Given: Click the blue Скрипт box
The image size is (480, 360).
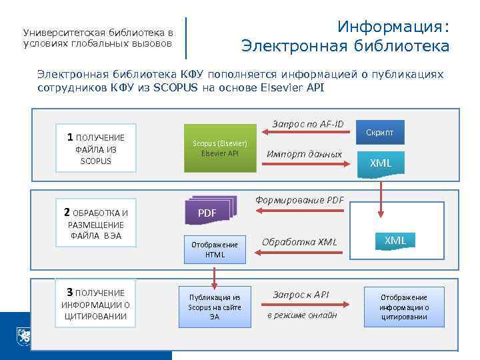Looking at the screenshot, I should [x=380, y=133].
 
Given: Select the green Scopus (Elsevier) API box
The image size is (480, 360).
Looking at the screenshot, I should [x=219, y=149].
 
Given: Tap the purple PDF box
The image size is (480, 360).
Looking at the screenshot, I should [x=208, y=213].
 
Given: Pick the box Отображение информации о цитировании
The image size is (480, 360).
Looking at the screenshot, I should [x=403, y=307].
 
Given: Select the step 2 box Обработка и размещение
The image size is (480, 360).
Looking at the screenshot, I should [x=95, y=225].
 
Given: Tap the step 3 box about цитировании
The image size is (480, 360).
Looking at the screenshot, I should [x=95, y=304].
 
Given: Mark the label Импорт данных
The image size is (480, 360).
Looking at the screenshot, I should [x=303, y=155].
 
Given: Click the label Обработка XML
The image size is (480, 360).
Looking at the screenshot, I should [x=299, y=241].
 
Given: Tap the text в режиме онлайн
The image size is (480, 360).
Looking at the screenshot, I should [x=302, y=315].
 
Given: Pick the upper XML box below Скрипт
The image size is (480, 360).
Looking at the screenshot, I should [x=381, y=163].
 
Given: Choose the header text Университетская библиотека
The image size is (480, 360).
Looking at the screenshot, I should [x=97, y=33].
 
